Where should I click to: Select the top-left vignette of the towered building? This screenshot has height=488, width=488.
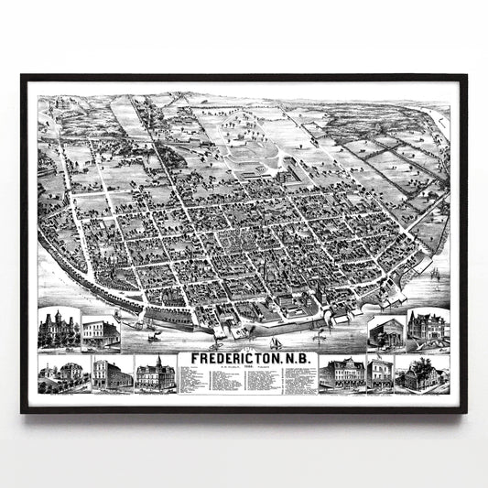[59, 330]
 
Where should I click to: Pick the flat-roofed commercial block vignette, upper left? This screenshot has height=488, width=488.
[100, 332]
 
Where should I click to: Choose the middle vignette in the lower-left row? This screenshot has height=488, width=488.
[112, 375]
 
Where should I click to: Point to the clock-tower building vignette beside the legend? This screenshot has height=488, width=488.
[154, 374]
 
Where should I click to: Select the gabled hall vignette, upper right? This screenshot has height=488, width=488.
[385, 332]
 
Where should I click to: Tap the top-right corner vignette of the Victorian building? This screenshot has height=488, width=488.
[428, 330]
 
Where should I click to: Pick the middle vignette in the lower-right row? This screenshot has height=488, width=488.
[379, 375]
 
